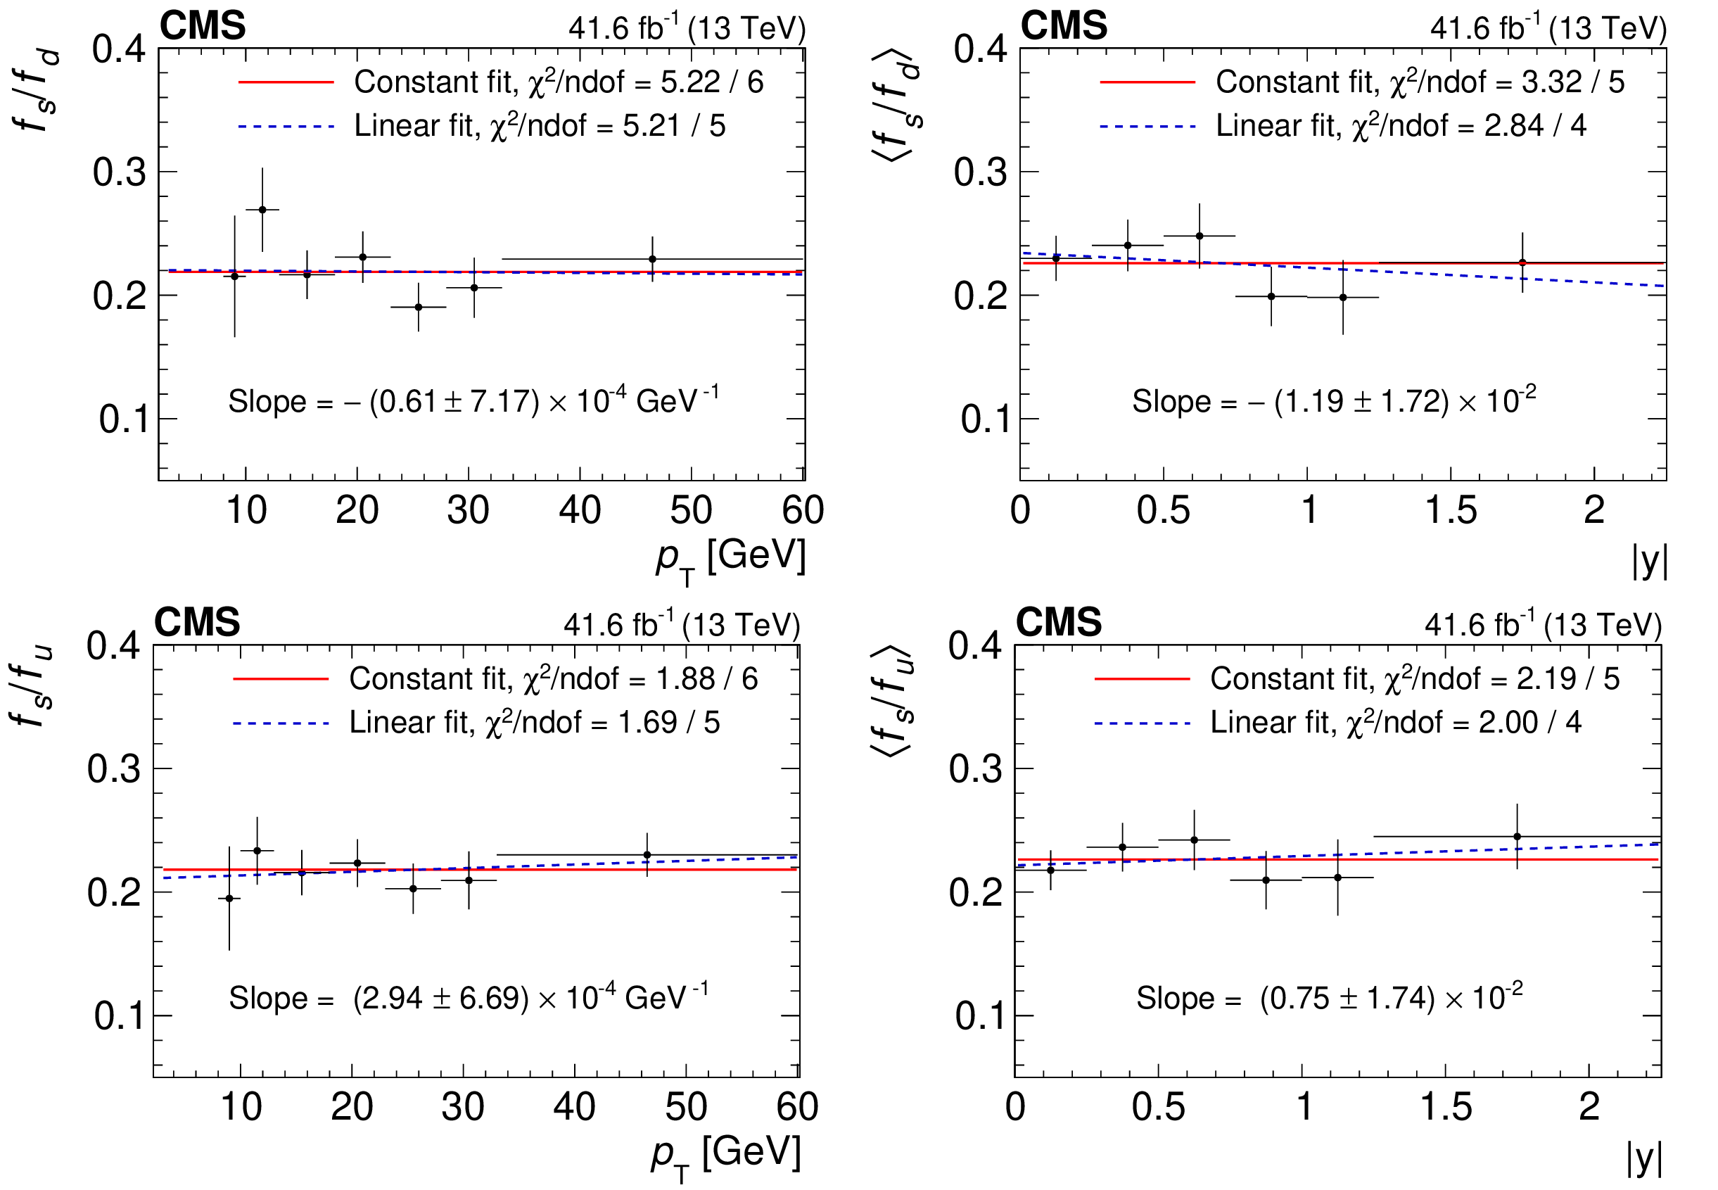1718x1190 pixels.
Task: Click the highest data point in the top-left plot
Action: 262,210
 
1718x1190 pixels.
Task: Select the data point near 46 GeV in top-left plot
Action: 652,260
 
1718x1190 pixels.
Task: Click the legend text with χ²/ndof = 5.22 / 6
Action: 559,82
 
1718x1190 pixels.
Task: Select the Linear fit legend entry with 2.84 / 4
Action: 1401,125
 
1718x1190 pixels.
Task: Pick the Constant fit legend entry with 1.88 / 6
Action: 553,678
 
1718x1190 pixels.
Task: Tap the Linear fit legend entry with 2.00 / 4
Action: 1395,722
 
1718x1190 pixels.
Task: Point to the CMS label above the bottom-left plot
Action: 197,622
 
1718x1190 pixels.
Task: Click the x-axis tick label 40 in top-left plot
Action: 579,511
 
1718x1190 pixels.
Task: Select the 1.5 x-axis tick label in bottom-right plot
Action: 1446,1107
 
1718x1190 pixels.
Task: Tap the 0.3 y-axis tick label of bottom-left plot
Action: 113,768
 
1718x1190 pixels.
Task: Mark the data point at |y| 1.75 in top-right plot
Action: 1522,262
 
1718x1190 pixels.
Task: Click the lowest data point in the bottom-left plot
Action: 229,899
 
